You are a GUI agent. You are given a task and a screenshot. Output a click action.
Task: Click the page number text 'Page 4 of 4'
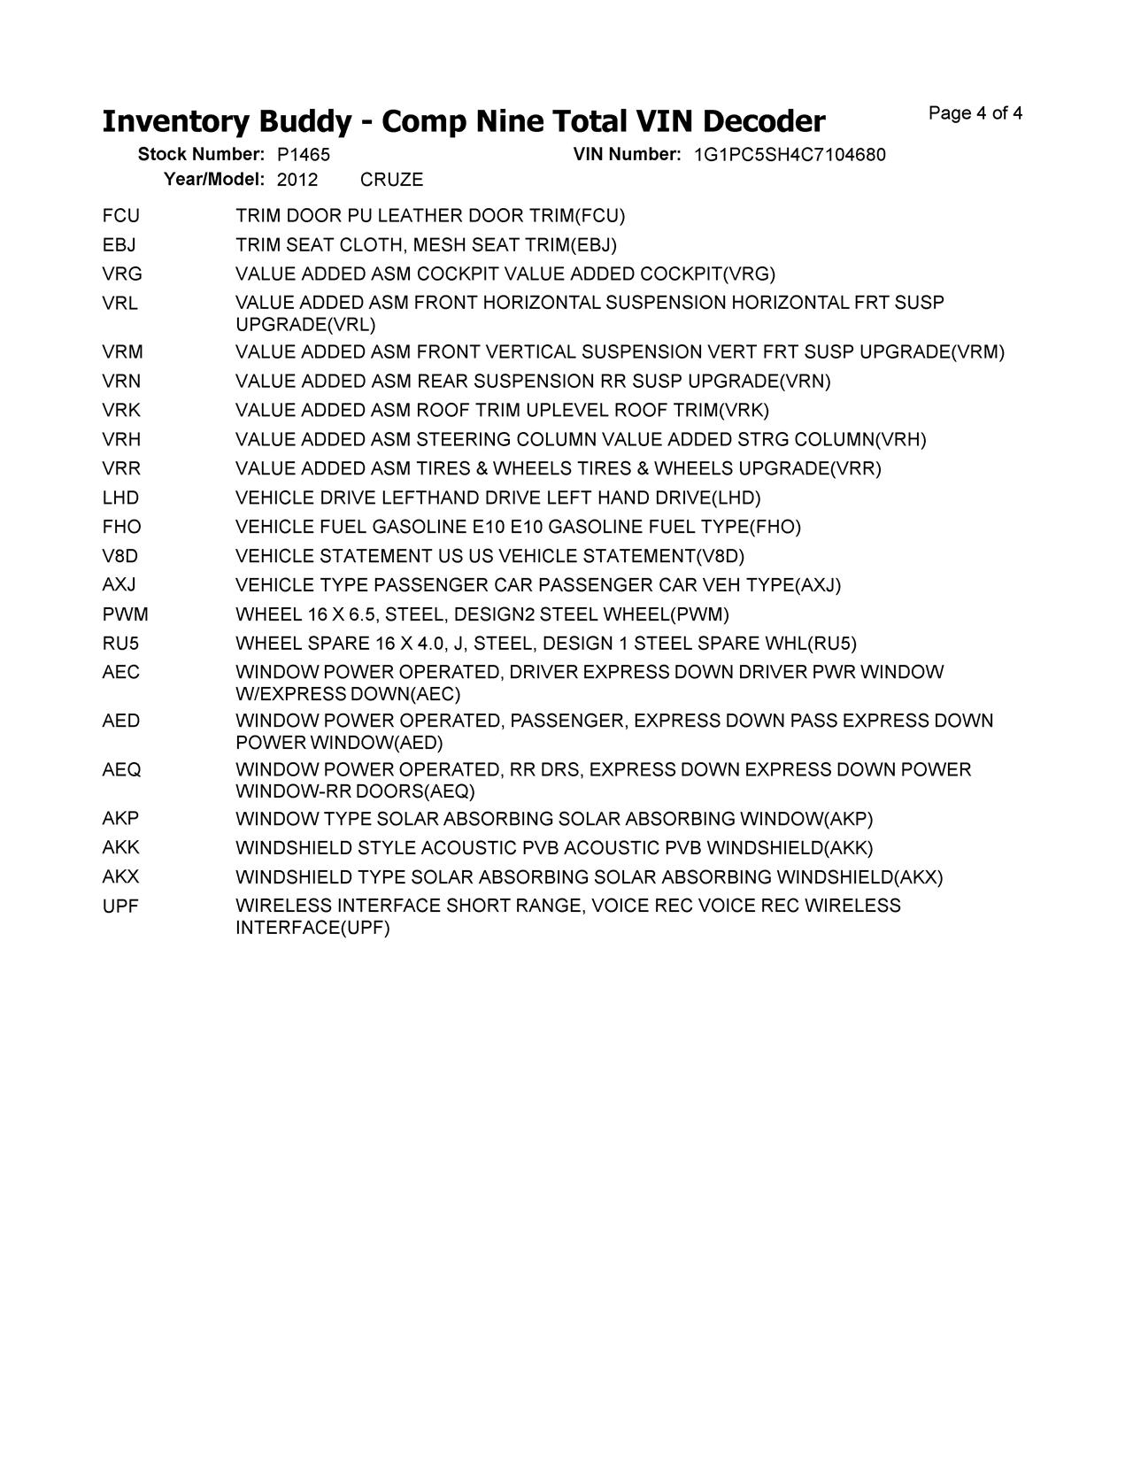[x=975, y=113]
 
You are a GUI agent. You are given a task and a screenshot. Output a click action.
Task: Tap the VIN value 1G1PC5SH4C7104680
[x=790, y=155]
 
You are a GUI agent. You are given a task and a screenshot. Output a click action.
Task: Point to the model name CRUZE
[x=392, y=180]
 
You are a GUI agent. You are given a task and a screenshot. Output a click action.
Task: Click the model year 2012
[x=297, y=180]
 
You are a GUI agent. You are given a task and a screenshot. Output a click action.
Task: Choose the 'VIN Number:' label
[x=627, y=154]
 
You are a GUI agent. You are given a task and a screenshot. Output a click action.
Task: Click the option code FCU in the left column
[x=121, y=216]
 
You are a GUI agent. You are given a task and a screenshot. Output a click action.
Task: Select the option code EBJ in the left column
[x=119, y=245]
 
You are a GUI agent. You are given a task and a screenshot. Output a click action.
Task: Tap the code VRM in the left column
[x=123, y=352]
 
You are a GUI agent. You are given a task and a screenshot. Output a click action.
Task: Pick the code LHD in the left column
[x=121, y=498]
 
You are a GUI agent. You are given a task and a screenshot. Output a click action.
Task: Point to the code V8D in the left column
[x=120, y=556]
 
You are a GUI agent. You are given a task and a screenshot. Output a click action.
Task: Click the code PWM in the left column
[x=126, y=614]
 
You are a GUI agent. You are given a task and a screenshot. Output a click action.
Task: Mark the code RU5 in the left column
[x=121, y=644]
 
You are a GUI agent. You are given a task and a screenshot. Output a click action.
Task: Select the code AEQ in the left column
[x=122, y=770]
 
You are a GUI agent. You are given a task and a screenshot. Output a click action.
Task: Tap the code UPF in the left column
[x=121, y=907]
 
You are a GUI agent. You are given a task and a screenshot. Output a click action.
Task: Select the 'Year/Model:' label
[x=214, y=179]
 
